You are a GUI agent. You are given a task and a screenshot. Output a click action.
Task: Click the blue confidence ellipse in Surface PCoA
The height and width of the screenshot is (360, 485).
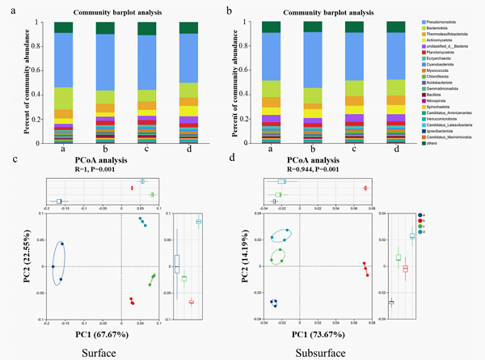[59, 264]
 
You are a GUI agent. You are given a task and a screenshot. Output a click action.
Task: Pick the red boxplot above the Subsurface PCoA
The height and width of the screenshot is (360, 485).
[366, 188]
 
